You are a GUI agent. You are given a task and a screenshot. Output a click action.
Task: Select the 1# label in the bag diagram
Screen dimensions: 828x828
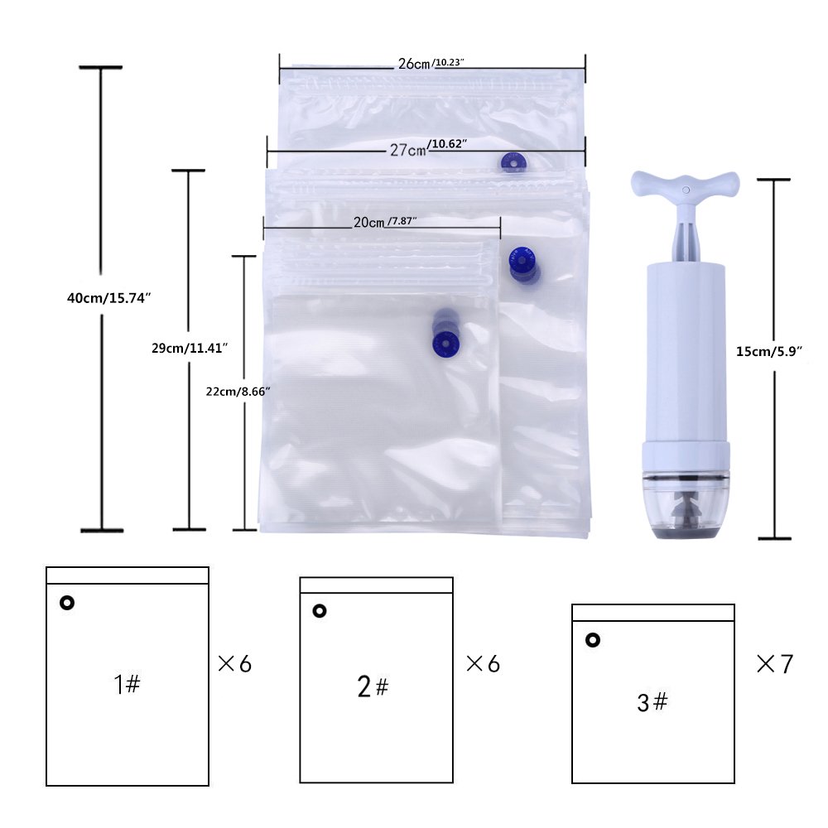[x=127, y=685]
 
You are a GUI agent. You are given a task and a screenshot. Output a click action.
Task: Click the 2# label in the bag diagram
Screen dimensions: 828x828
[x=373, y=687]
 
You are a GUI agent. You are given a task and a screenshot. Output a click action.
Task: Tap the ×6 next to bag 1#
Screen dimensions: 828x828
[x=234, y=663]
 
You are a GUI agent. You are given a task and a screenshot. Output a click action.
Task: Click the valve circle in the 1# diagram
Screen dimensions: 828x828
[x=67, y=603]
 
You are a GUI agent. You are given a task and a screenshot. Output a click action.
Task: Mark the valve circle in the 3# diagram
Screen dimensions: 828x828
[x=593, y=640]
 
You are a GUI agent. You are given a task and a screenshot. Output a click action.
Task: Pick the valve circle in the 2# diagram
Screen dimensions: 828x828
[x=320, y=611]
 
